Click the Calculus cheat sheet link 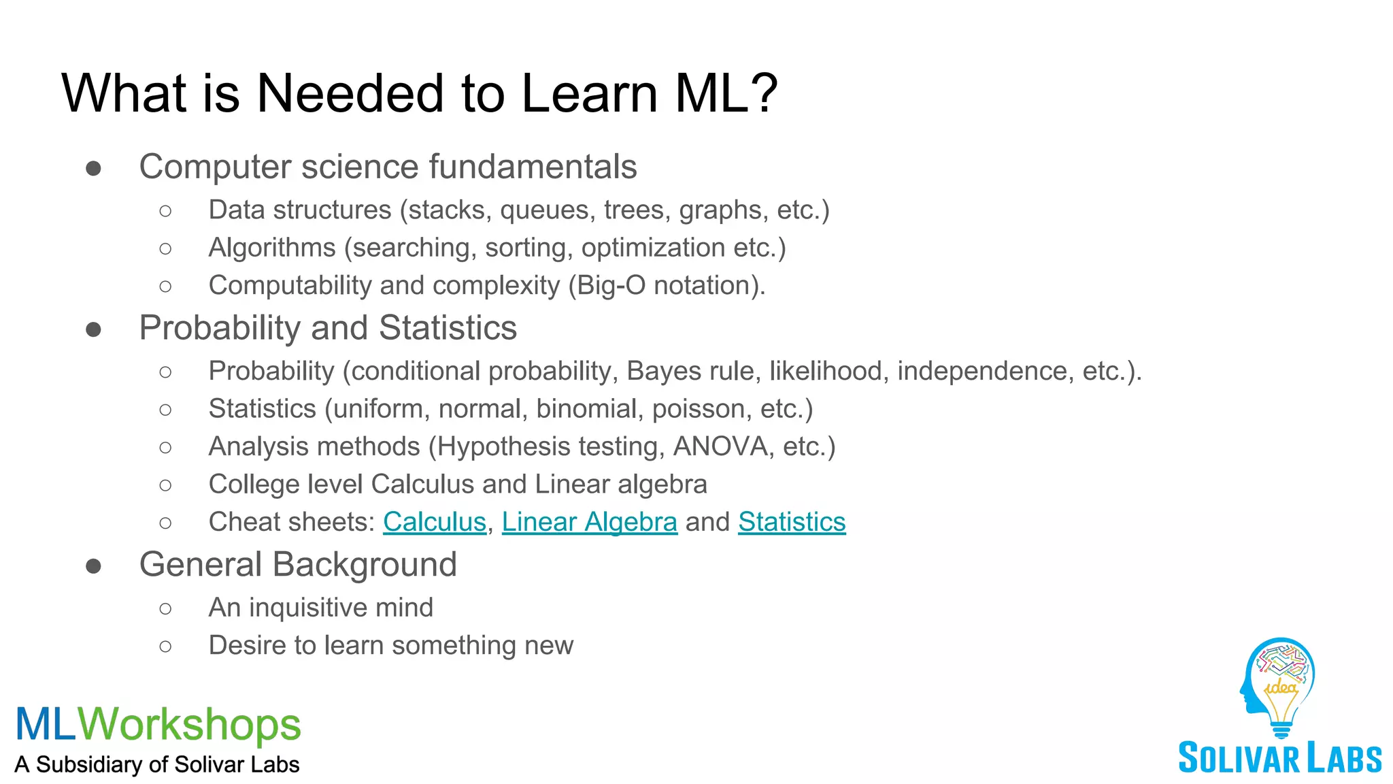tap(435, 522)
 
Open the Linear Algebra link tap(590, 522)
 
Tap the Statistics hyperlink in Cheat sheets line tap(792, 522)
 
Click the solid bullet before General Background tap(94, 566)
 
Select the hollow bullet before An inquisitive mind tap(165, 608)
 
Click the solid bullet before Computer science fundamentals tap(94, 168)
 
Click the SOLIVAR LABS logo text tap(1279, 758)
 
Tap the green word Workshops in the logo tap(189, 724)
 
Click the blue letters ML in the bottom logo tap(46, 724)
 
